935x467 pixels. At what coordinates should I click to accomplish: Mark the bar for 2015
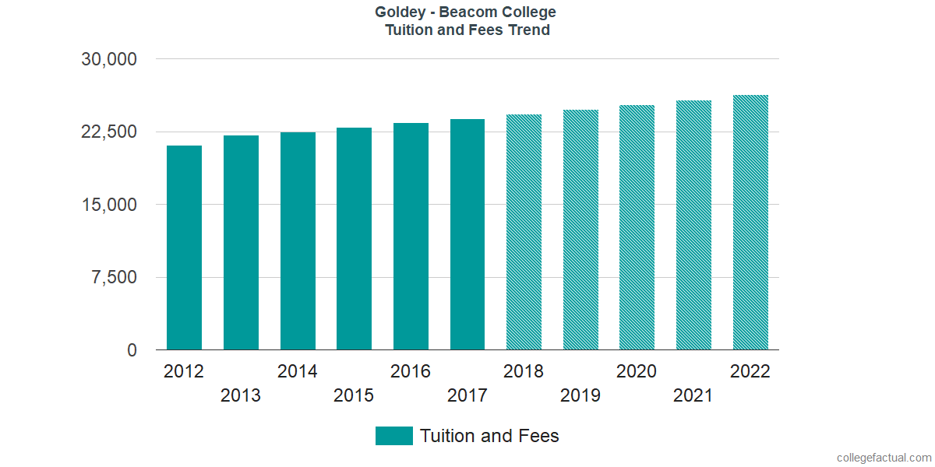[x=354, y=239]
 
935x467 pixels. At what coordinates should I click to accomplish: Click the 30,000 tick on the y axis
[x=109, y=59]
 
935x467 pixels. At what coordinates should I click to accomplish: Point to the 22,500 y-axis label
[x=109, y=132]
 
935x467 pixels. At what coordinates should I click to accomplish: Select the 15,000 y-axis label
[x=109, y=205]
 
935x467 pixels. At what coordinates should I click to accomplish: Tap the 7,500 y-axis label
[x=115, y=277]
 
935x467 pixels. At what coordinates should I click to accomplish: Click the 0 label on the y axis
[x=133, y=350]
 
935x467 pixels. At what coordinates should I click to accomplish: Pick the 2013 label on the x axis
[x=241, y=395]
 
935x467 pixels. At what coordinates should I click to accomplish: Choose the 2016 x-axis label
[x=411, y=371]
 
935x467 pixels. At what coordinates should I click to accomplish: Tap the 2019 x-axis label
[x=580, y=395]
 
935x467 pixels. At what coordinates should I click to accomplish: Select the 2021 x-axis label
[x=693, y=395]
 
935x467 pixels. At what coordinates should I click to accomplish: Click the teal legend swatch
[x=393, y=436]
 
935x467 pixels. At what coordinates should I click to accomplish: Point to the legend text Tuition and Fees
[x=489, y=436]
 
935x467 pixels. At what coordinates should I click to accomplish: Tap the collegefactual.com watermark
[x=884, y=458]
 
